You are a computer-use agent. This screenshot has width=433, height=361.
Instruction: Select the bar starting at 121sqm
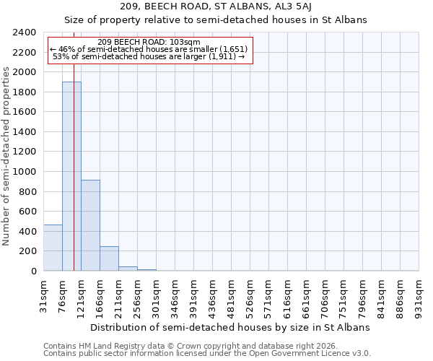[x=90, y=225]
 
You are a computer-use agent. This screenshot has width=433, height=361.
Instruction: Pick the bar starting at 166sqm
[x=109, y=258]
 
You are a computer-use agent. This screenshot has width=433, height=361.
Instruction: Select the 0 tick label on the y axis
[x=33, y=271]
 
